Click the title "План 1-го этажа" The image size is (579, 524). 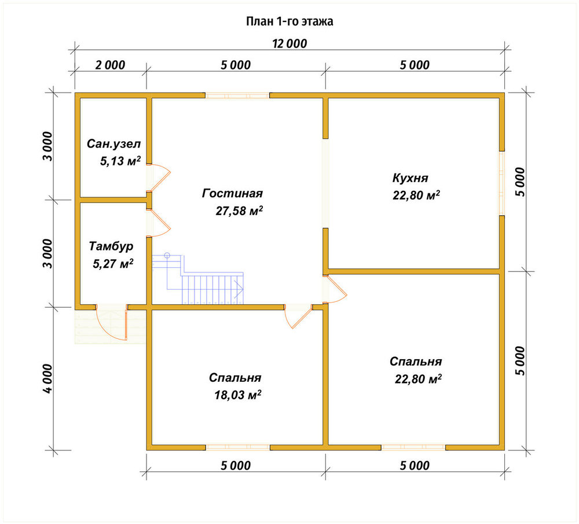coord(289,22)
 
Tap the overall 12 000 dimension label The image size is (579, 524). coord(289,44)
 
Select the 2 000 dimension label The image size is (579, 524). coord(110,65)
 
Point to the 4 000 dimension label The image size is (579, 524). coord(48,379)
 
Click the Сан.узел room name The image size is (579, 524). coord(113,144)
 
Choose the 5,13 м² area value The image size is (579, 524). coord(120,161)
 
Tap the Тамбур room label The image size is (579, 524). coord(111,246)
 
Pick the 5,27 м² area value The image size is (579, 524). coord(113,264)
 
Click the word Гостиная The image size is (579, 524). coord(232,193)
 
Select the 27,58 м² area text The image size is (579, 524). coord(239,211)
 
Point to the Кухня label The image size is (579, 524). coord(411,178)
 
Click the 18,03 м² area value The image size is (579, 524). coord(238,395)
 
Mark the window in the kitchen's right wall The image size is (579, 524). coord(502,183)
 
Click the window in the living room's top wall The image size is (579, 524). coord(237,95)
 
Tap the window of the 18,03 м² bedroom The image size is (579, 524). coord(238,448)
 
